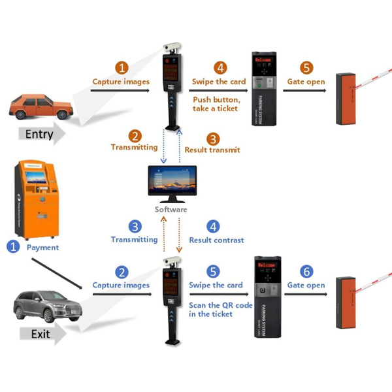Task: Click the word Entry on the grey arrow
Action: pos(39,135)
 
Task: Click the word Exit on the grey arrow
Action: pos(40,334)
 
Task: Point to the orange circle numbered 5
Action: pos(306,68)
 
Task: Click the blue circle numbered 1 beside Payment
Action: pos(12,247)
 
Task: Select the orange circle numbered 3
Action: pos(212,139)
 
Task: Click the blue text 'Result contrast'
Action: pos(216,240)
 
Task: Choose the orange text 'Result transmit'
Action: pos(212,150)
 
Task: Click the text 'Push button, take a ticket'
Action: pos(216,104)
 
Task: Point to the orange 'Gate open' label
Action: pos(306,82)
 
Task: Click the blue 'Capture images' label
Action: pos(122,286)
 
